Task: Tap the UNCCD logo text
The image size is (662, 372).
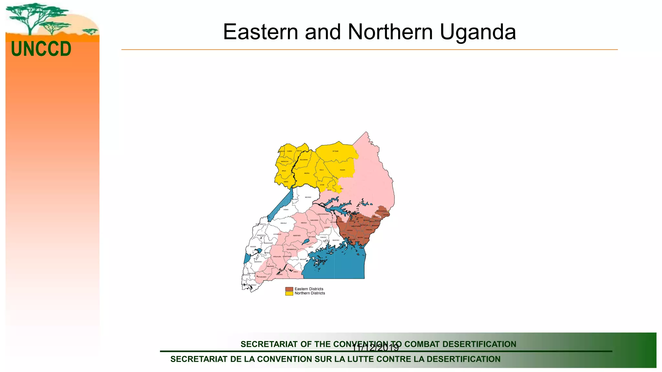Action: point(41,49)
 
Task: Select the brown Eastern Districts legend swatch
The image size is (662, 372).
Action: point(289,289)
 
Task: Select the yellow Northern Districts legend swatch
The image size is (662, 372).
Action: point(289,293)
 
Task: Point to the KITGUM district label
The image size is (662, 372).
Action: point(336,151)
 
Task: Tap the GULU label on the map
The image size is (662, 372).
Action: point(321,170)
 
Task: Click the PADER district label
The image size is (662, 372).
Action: point(342,170)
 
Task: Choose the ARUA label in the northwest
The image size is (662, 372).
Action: point(283,171)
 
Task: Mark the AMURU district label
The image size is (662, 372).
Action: point(307,173)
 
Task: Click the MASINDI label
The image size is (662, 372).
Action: point(308,197)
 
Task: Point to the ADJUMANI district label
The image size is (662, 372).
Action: point(304,160)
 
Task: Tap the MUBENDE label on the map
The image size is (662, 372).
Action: point(297,235)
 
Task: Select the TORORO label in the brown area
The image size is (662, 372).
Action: point(369,230)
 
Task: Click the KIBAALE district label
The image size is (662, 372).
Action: point(283,223)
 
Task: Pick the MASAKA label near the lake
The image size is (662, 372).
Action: point(303,259)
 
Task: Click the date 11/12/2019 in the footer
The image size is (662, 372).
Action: point(375,348)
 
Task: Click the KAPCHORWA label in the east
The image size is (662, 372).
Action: point(381,211)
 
